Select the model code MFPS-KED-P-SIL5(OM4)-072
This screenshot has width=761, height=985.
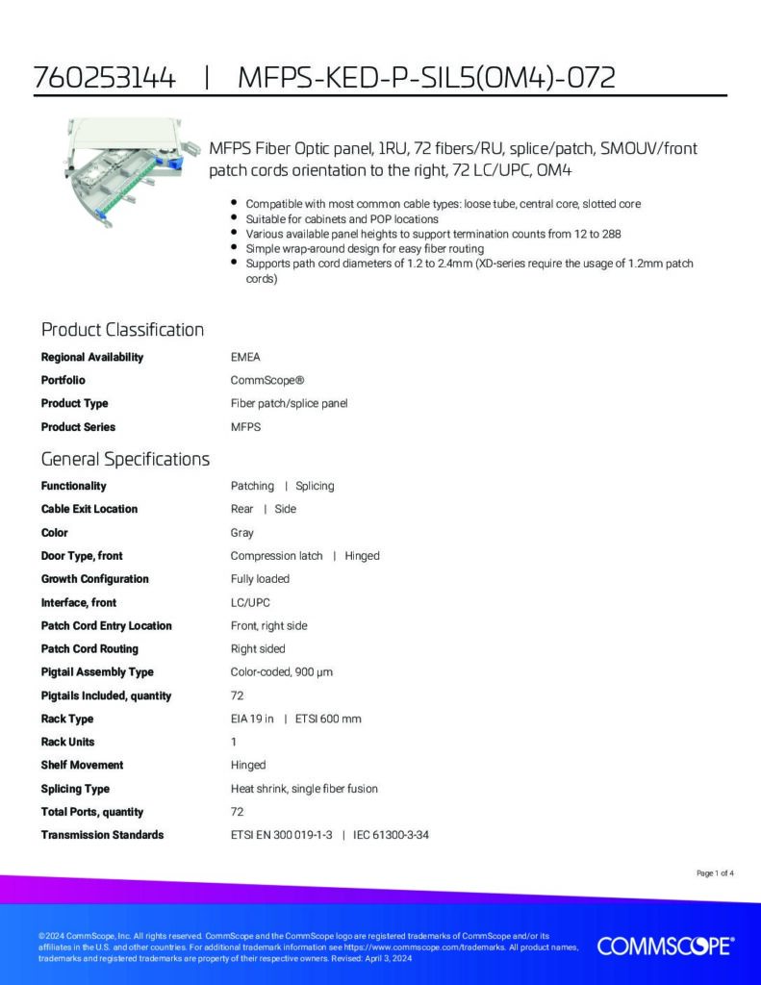tap(426, 78)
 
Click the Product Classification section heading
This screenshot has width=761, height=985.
tap(122, 330)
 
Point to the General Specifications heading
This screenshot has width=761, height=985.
tap(125, 459)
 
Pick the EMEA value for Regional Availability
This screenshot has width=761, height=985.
tap(245, 357)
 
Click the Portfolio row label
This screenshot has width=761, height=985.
tap(63, 380)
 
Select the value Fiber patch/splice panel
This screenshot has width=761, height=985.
tap(289, 403)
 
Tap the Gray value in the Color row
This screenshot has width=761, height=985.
tap(242, 532)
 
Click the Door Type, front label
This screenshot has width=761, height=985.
tap(82, 555)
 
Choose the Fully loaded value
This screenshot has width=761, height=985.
tap(260, 579)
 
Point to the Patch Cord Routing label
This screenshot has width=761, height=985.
tap(89, 648)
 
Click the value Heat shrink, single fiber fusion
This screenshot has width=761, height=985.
tap(304, 789)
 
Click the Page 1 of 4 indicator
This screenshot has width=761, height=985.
tap(715, 873)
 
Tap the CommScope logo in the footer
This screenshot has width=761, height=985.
tap(666, 947)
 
